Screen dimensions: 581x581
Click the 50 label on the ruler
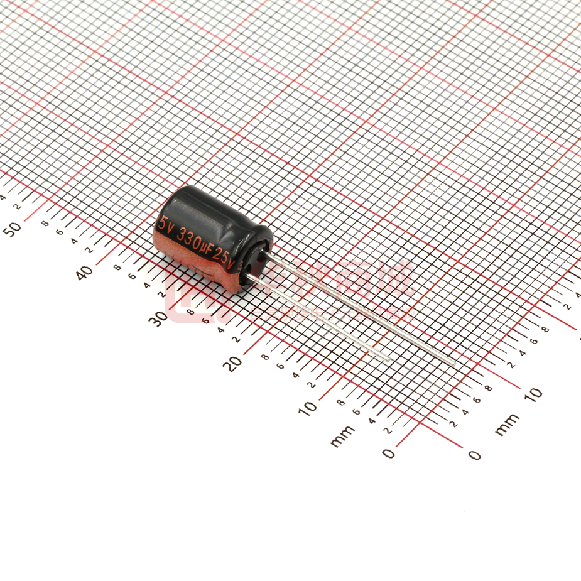tap(14, 228)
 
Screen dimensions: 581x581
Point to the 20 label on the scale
tap(234, 363)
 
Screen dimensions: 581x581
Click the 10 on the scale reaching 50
tap(309, 408)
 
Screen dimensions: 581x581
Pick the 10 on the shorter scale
tap(533, 394)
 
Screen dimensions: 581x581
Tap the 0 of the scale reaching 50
tap(389, 453)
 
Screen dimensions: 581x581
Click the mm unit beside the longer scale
tap(342, 436)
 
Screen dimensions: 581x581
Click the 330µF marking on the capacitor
tap(194, 241)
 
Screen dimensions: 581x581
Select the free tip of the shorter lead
tap(389, 359)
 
